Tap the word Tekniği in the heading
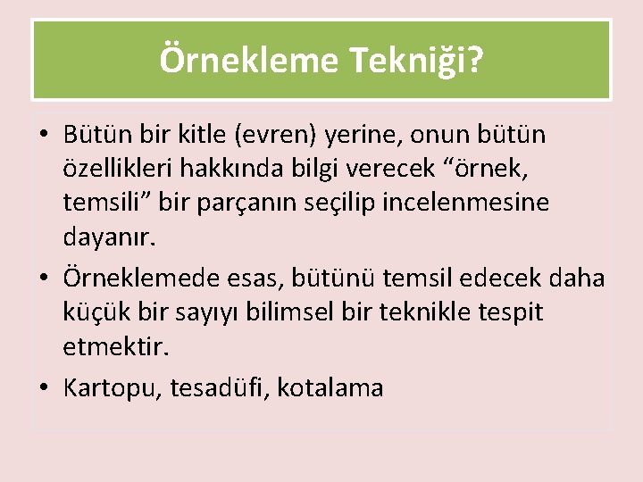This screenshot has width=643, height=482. click(x=418, y=61)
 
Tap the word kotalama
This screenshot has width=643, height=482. click(x=330, y=388)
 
